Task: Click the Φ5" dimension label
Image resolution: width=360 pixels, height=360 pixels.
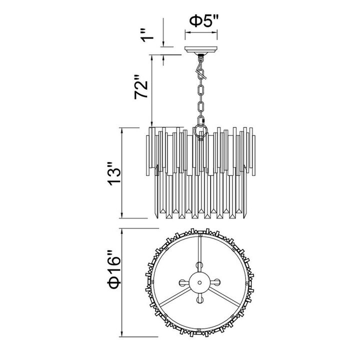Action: [203, 21]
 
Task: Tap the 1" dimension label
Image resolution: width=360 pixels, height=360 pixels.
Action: [146, 35]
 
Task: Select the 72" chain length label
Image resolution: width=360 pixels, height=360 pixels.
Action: [141, 86]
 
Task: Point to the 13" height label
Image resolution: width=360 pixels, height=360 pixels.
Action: [114, 174]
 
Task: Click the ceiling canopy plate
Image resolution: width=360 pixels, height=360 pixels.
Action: [201, 49]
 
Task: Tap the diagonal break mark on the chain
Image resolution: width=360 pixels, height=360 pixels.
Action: [201, 73]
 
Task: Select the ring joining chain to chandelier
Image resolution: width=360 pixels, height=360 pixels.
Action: [200, 131]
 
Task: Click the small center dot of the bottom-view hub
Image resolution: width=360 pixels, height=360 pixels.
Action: [199, 282]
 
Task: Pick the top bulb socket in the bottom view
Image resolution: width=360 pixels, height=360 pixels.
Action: [199, 266]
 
